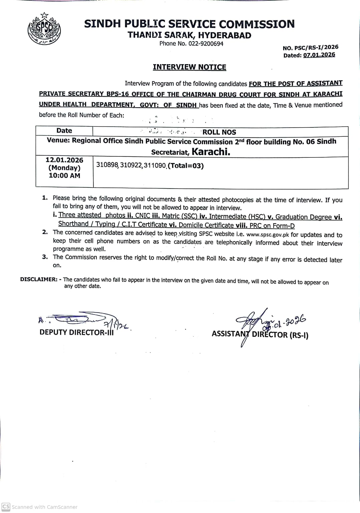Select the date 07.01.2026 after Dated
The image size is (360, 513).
[x=319, y=55]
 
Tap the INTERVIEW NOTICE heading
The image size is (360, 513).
[x=189, y=67]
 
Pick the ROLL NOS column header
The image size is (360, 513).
[x=219, y=132]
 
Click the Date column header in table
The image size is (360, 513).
[x=64, y=131]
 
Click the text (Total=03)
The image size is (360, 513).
[x=186, y=165]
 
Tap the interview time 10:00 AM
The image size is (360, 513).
[x=64, y=175]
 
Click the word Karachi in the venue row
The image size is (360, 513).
[x=211, y=152]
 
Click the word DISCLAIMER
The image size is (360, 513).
[x=39, y=279]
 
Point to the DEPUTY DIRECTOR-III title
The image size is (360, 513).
[x=76, y=332]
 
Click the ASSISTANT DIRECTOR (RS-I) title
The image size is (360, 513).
[x=260, y=335]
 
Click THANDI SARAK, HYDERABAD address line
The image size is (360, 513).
[x=189, y=35]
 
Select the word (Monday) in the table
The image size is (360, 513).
[x=64, y=168]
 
